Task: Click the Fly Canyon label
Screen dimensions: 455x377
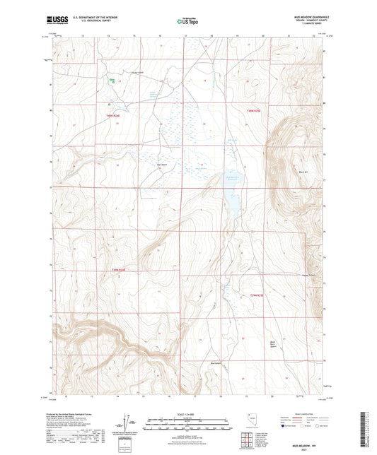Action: tap(162, 166)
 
